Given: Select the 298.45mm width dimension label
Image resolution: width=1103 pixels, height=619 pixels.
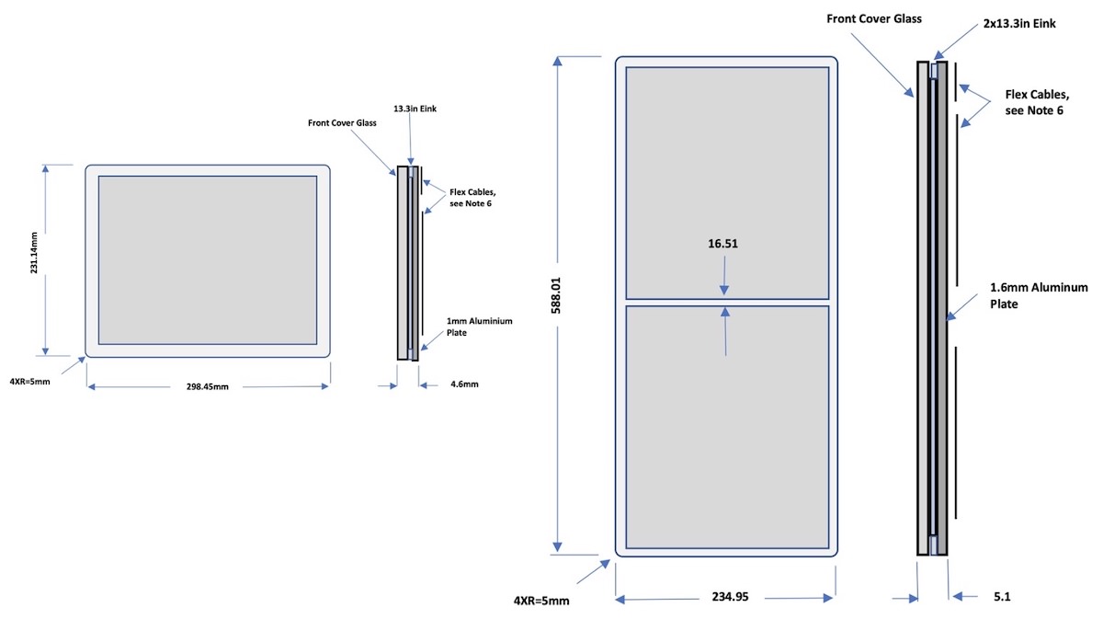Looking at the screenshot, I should (207, 387).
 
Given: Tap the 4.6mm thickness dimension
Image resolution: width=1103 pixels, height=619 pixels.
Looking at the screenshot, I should (463, 385).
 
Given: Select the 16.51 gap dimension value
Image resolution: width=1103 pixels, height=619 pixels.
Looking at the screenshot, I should (724, 245).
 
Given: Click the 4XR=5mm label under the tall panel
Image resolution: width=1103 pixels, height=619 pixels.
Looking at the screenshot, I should (541, 601).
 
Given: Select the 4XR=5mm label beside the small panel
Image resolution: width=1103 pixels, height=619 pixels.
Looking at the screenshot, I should (29, 382).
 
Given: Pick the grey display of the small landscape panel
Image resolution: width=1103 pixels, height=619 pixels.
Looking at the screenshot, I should (208, 259).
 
